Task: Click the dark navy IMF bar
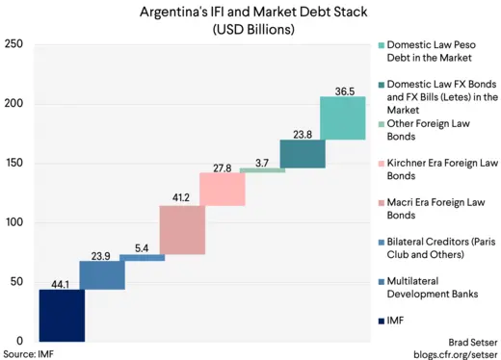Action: click(62, 315)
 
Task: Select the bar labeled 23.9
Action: click(102, 275)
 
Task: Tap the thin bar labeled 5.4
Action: click(142, 258)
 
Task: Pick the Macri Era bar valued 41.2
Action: click(182, 230)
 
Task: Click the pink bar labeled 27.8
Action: click(222, 189)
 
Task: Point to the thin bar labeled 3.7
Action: click(262, 170)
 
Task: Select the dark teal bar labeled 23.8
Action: click(302, 154)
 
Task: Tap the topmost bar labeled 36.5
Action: click(342, 118)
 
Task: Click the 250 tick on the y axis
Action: click(14, 45)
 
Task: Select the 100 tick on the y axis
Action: click(14, 222)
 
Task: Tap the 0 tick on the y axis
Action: click(19, 341)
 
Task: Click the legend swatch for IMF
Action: click(382, 321)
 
